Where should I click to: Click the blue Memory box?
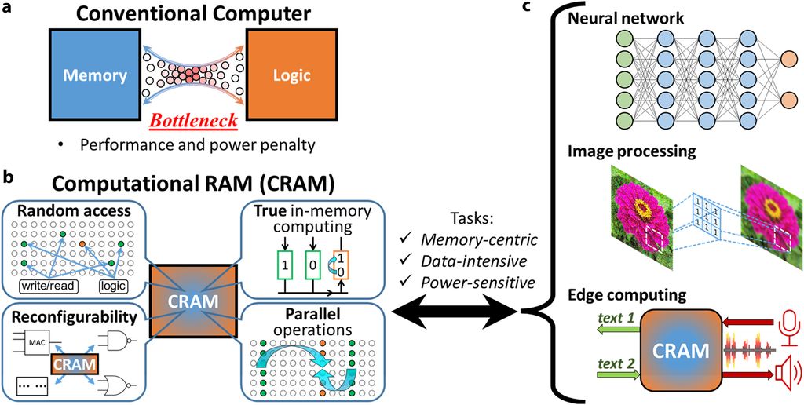click(93, 75)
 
